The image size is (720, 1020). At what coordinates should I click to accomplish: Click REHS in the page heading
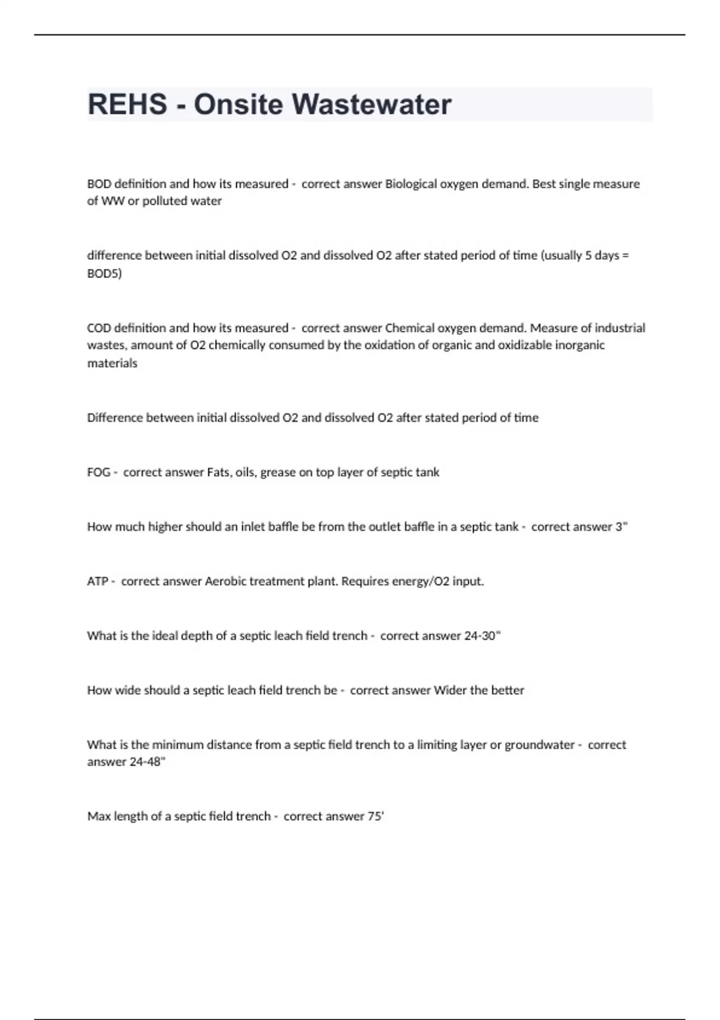pyautogui.click(x=127, y=104)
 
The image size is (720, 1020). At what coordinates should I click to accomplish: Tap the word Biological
pyautogui.click(x=411, y=184)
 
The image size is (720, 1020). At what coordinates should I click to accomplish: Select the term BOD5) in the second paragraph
pyautogui.click(x=104, y=274)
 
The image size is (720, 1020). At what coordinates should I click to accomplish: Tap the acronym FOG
pyautogui.click(x=98, y=473)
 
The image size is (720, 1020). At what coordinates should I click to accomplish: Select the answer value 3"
pyautogui.click(x=621, y=527)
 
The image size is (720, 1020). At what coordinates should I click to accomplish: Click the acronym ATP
pyautogui.click(x=98, y=581)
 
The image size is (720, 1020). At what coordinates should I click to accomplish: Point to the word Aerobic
pyautogui.click(x=226, y=581)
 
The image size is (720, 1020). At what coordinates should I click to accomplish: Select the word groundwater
pyautogui.click(x=539, y=745)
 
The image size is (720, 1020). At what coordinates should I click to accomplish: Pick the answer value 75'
pyautogui.click(x=376, y=817)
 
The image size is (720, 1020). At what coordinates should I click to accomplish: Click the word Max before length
pyautogui.click(x=98, y=817)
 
